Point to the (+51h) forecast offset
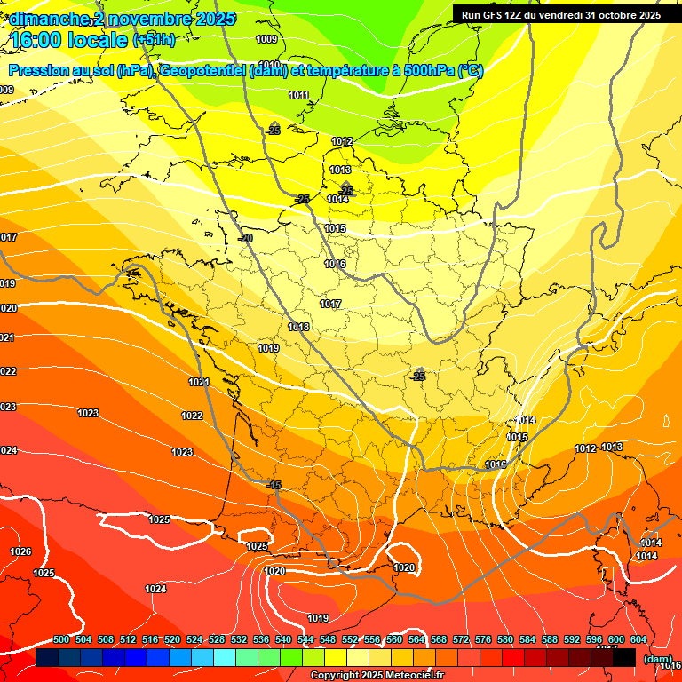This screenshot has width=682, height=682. [x=154, y=40]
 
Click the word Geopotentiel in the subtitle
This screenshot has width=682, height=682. [x=203, y=71]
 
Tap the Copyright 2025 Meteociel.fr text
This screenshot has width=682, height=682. [x=377, y=676]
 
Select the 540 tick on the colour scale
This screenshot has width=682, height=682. [x=283, y=639]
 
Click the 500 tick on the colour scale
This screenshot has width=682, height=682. [x=61, y=639]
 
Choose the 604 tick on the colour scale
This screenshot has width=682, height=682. [x=638, y=639]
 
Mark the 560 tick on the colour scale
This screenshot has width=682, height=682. [x=394, y=639]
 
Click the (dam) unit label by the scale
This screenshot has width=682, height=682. [x=657, y=659]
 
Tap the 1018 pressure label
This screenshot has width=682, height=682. [x=298, y=328]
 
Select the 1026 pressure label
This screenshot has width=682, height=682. [x=20, y=551]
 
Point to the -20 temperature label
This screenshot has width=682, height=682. [x=245, y=238]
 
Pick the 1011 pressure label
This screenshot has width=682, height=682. [x=299, y=95]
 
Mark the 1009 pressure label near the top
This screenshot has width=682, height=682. [x=266, y=39]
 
